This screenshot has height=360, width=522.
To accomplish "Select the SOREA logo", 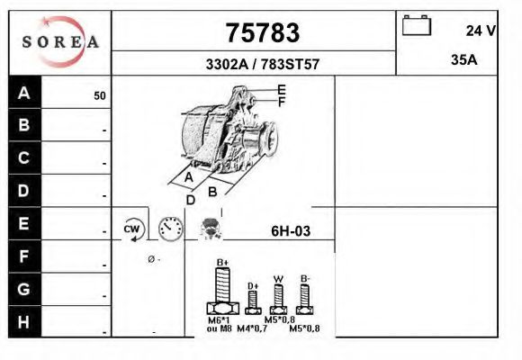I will pos(60,42).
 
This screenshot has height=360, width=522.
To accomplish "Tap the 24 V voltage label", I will pos(481,31).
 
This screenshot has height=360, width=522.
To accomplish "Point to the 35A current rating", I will pos(463,60).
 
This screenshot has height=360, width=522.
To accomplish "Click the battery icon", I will pos(418,25).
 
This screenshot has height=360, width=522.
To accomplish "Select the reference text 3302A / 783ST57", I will pos(262,65).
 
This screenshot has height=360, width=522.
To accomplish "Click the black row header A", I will pos(24,93).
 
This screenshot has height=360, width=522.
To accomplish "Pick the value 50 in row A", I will pos(99,95).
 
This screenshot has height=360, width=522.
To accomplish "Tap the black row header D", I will pos(24,191).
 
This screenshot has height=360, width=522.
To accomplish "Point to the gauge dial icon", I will pos(170,229).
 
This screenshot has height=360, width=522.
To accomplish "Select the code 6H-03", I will pos(290,231).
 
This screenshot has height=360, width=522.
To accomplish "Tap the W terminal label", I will pos(278,277).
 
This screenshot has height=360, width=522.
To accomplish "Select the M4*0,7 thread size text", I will pos(252,328).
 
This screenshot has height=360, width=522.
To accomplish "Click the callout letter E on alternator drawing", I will pos(282,89).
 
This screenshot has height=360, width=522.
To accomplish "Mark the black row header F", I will pos(24,256).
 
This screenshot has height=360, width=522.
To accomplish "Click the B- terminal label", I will pos(305,277).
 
